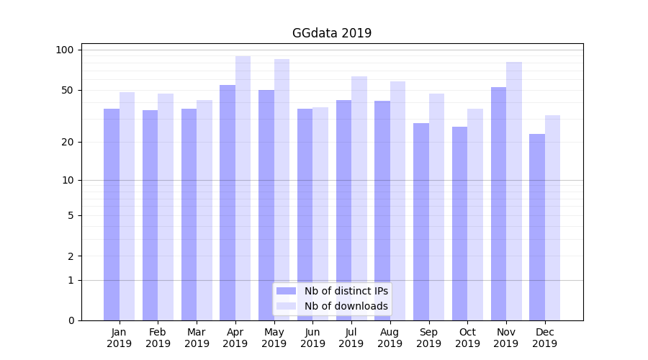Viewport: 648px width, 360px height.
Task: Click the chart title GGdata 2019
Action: [x=331, y=33]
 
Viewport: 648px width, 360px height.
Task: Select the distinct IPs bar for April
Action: [x=228, y=202]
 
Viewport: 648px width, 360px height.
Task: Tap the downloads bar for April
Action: [x=243, y=188]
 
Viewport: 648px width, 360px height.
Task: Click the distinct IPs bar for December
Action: [x=537, y=227]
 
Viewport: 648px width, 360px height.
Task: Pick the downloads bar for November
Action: [x=514, y=191]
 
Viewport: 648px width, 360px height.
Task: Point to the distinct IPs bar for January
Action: [x=112, y=215]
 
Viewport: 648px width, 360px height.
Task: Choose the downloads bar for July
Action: [x=359, y=198]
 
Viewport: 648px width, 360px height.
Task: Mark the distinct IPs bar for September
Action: [x=421, y=222]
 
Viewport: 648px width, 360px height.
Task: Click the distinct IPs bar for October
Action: [x=460, y=223]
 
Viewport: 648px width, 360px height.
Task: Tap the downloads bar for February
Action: [x=166, y=207]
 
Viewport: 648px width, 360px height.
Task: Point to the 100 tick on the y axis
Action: [x=65, y=50]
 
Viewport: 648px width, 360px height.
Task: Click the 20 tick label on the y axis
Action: [x=68, y=142]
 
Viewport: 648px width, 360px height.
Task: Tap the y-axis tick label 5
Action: [x=71, y=215]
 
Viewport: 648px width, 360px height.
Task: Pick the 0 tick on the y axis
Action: [x=71, y=320]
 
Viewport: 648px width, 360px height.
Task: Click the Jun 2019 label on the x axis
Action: [x=312, y=338]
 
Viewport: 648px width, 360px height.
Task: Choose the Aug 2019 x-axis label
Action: [x=390, y=338]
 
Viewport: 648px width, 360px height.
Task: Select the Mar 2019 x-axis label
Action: [x=197, y=338]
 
